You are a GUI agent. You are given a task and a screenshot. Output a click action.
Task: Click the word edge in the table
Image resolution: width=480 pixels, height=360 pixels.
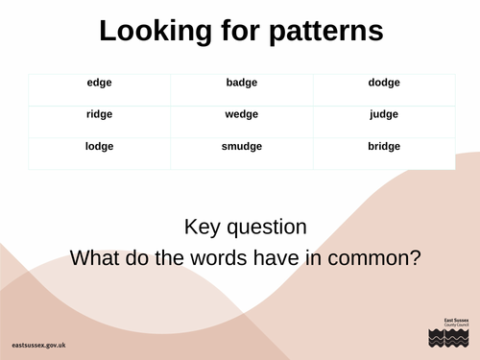pos(99,83)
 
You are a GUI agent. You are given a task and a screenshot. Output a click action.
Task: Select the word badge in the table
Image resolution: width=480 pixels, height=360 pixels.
pos(242,83)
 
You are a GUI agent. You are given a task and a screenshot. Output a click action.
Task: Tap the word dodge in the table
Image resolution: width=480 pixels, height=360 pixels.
pos(384,83)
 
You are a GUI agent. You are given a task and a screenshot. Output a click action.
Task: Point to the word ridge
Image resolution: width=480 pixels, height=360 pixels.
pos(99,114)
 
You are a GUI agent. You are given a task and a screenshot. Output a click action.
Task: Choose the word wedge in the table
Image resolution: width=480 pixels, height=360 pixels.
pos(242,114)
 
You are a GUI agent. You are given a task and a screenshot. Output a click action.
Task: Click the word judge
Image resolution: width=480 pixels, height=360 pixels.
pos(384,114)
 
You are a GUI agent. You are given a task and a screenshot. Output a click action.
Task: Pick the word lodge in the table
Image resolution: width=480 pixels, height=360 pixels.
pos(99,147)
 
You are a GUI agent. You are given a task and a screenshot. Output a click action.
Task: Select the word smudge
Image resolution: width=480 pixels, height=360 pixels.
pos(242,147)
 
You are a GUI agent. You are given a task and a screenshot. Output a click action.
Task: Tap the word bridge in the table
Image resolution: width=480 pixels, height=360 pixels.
pos(384,147)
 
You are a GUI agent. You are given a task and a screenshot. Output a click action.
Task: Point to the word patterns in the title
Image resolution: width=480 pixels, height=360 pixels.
pos(325,31)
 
